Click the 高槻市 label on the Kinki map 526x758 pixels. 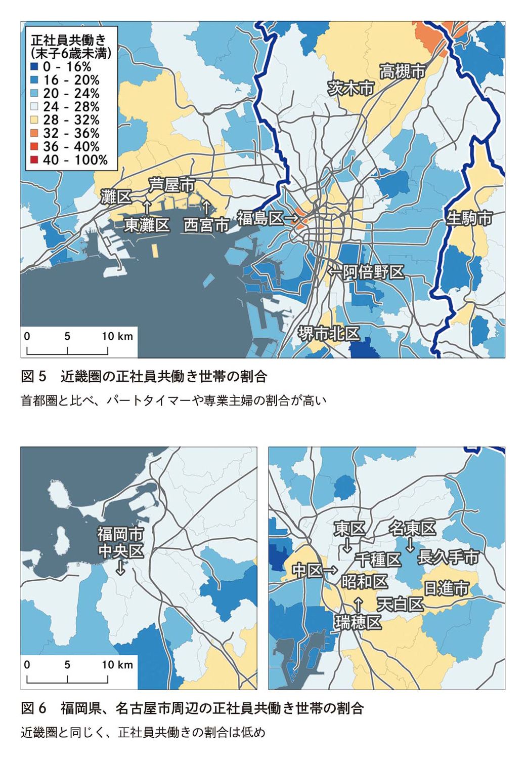coord(403,71)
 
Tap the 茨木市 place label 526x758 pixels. coord(350,88)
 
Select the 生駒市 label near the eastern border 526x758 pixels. coord(469,218)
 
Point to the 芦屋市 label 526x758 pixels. coord(171,185)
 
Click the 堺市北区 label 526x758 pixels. coord(329,334)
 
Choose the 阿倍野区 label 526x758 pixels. coord(373,272)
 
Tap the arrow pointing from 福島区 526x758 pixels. coord(291,218)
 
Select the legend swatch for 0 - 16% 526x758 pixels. coord(34,67)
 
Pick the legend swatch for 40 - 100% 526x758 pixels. coord(34,160)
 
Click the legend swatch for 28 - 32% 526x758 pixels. coord(34,120)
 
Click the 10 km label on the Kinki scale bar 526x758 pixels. coord(117,336)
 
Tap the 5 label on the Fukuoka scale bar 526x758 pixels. coord(67,665)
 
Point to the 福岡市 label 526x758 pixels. coord(120,534)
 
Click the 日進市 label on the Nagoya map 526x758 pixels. coord(446,588)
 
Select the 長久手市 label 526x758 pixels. coord(448,557)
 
